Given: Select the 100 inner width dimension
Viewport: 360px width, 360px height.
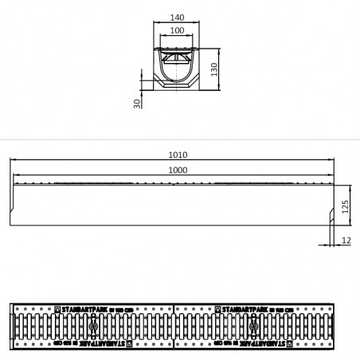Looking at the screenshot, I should (x=177, y=29).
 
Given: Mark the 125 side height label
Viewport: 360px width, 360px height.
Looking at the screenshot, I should (x=345, y=206).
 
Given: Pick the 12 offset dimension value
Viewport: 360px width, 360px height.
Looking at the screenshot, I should (x=345, y=239).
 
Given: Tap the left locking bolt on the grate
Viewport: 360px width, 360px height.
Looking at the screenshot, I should (x=93, y=327).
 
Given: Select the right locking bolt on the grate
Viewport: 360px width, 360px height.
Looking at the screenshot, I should (x=254, y=327).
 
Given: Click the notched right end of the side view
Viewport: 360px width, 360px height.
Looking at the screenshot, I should (x=330, y=215).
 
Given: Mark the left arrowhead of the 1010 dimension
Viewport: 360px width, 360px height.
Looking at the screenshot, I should (x=12, y=162).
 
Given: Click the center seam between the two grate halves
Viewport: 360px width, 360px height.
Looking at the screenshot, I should (x=174, y=327).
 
